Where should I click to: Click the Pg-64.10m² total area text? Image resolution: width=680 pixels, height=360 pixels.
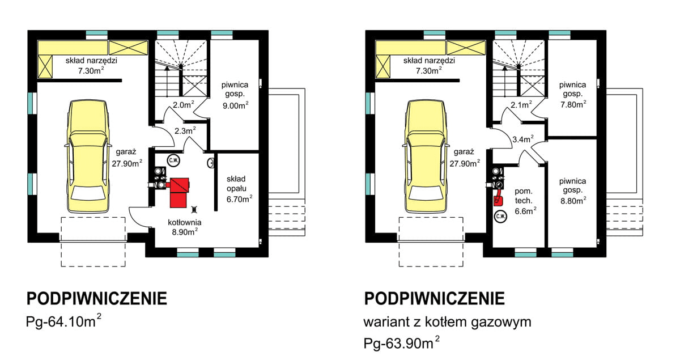[x=63, y=321]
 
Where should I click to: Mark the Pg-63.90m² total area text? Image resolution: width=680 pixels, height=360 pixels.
[x=402, y=343]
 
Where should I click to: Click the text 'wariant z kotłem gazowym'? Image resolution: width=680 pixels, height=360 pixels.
[x=447, y=323]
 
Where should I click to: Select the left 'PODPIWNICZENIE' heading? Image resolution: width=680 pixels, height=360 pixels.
[x=96, y=298]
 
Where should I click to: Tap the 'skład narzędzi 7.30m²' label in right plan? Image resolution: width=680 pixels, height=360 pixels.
[x=429, y=65]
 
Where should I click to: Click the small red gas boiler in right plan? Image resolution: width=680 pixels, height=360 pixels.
[x=498, y=198]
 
